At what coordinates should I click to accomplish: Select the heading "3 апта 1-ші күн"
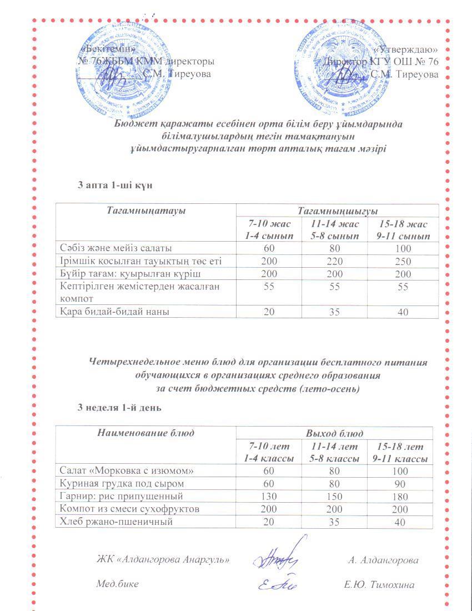pyautogui.click(x=115, y=185)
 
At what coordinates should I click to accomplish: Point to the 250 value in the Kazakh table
pyautogui.click(x=403, y=261)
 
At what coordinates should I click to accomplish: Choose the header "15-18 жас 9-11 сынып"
pyautogui.click(x=403, y=229)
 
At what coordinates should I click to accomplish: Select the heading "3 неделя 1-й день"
pyautogui.click(x=119, y=408)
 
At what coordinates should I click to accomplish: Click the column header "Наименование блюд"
pyautogui.click(x=145, y=433)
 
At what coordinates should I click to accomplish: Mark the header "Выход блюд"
pyautogui.click(x=335, y=433)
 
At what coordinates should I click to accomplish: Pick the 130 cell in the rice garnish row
pyautogui.click(x=269, y=496)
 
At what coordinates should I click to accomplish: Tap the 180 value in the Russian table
pyautogui.click(x=403, y=496)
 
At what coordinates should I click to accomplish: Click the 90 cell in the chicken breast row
pyautogui.click(x=403, y=483)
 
